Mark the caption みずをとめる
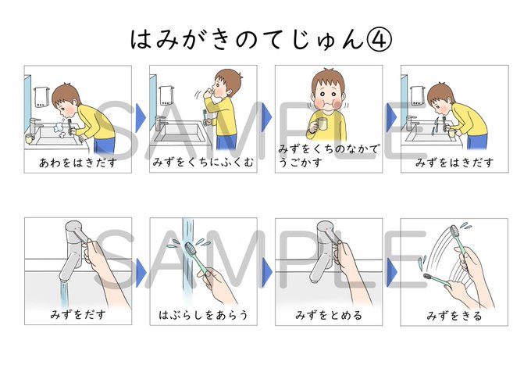(x=329, y=316)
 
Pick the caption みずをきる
(x=454, y=316)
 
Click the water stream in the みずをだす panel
(x=63, y=289)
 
